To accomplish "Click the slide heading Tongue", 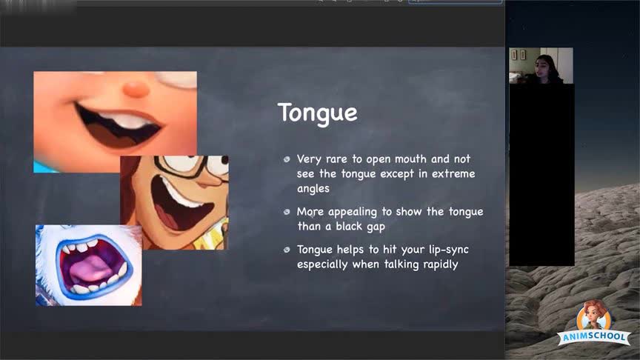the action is (318, 113).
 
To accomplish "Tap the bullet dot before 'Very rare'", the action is (287, 159).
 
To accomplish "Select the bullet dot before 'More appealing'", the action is (287, 212).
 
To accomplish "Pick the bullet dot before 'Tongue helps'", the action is (287, 250).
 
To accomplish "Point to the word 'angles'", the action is (313, 189).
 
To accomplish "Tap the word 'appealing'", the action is (353, 213).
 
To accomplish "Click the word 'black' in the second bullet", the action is (350, 226).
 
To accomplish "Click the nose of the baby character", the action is (136, 89).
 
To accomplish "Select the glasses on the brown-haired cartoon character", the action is (192, 164).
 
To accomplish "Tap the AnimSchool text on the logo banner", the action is (594, 337).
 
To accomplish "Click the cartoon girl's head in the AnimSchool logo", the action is (594, 313).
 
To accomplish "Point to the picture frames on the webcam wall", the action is (519, 55).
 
